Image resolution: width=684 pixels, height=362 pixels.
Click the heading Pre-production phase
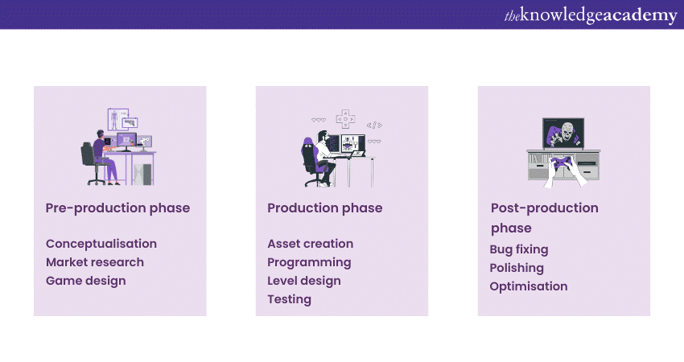pyautogui.click(x=117, y=208)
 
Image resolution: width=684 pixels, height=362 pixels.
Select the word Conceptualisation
pyautogui.click(x=101, y=244)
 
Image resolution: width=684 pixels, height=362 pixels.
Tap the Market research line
pyautogui.click(x=95, y=262)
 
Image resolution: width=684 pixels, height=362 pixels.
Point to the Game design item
pyautogui.click(x=85, y=281)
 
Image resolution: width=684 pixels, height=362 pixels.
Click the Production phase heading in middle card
pyautogui.click(x=324, y=208)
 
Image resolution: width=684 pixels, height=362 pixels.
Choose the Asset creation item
pyautogui.click(x=310, y=244)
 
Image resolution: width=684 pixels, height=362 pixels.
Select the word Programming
pyautogui.click(x=309, y=262)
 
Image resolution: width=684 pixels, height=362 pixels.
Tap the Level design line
pyautogui.click(x=303, y=281)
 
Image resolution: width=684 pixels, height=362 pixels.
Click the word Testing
pyautogui.click(x=289, y=299)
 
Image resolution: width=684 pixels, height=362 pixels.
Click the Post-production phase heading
pyautogui.click(x=544, y=217)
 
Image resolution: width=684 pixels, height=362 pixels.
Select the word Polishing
pyautogui.click(x=517, y=268)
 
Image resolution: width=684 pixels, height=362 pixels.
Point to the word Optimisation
pyautogui.click(x=529, y=286)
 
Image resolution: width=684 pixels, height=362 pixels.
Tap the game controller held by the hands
pyautogui.click(x=564, y=165)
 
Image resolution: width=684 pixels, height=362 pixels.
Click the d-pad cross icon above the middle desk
pyautogui.click(x=345, y=118)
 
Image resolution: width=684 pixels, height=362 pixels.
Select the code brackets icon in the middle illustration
pyautogui.click(x=374, y=125)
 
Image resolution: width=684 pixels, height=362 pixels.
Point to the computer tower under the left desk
pyautogui.click(x=142, y=171)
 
